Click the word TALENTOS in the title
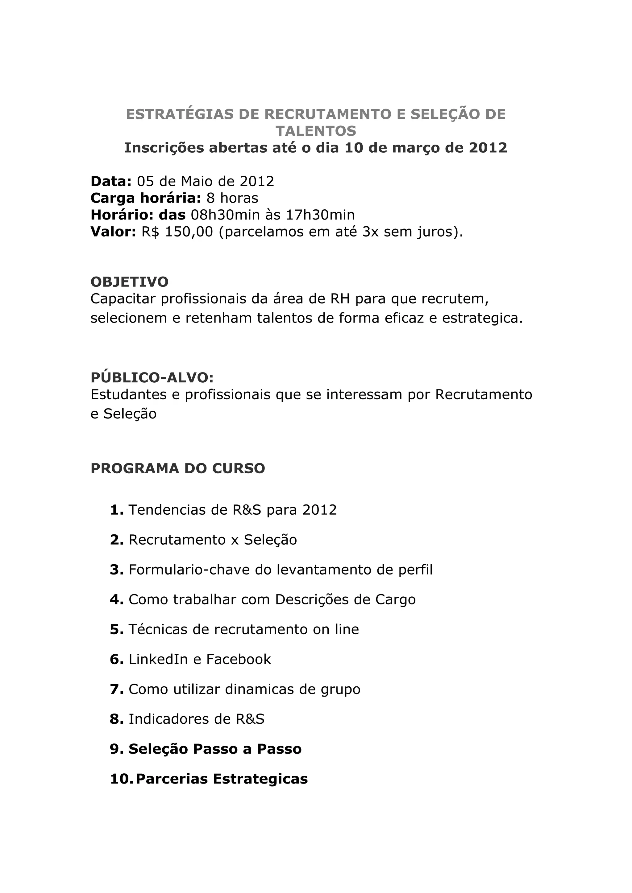tap(316, 131)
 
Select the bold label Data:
tap(111, 181)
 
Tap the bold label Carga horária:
tap(146, 198)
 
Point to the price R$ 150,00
tap(177, 232)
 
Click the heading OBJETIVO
tap(129, 282)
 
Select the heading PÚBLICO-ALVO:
tap(152, 377)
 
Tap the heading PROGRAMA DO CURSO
tap(177, 468)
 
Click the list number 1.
tap(116, 510)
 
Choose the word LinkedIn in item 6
tap(158, 659)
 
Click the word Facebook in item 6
tap(238, 659)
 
